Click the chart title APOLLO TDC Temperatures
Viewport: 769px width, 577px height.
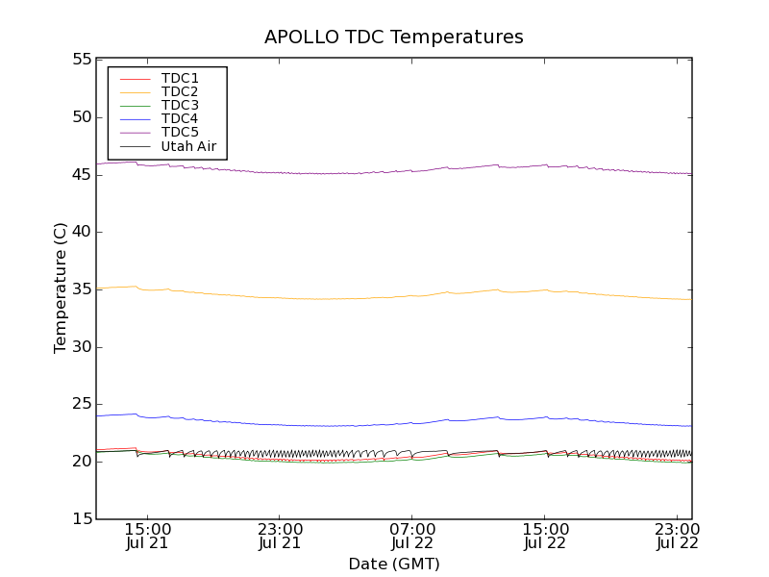click(x=394, y=38)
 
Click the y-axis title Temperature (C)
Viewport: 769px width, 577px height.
click(x=61, y=288)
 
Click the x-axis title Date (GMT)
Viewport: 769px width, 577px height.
click(x=394, y=564)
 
